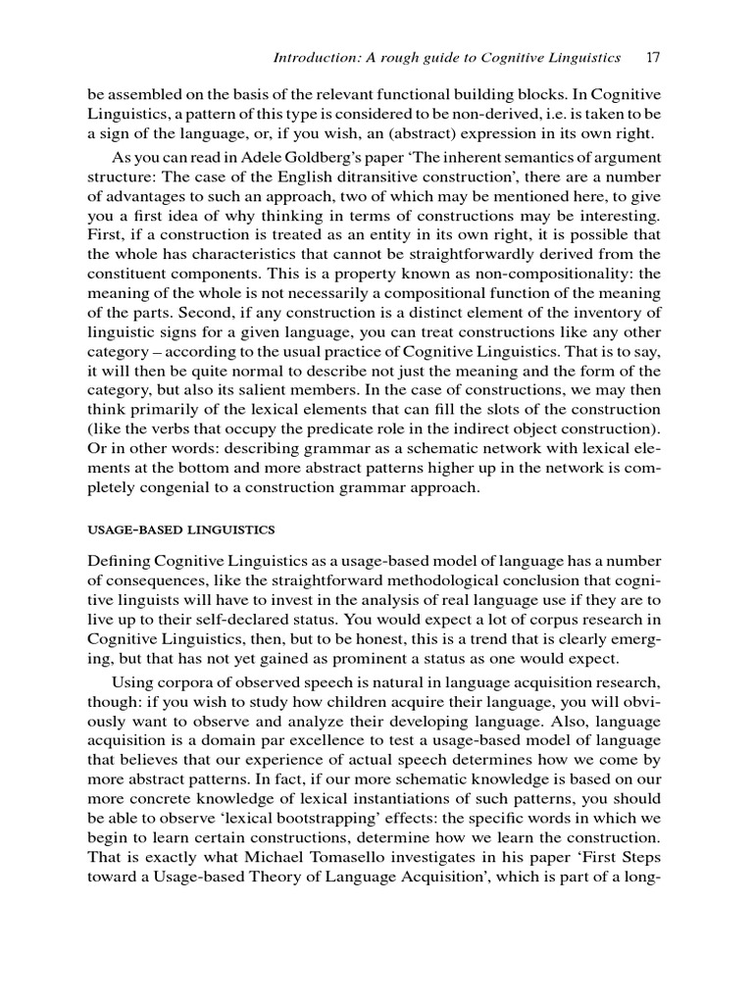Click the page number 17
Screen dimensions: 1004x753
tap(653, 58)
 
